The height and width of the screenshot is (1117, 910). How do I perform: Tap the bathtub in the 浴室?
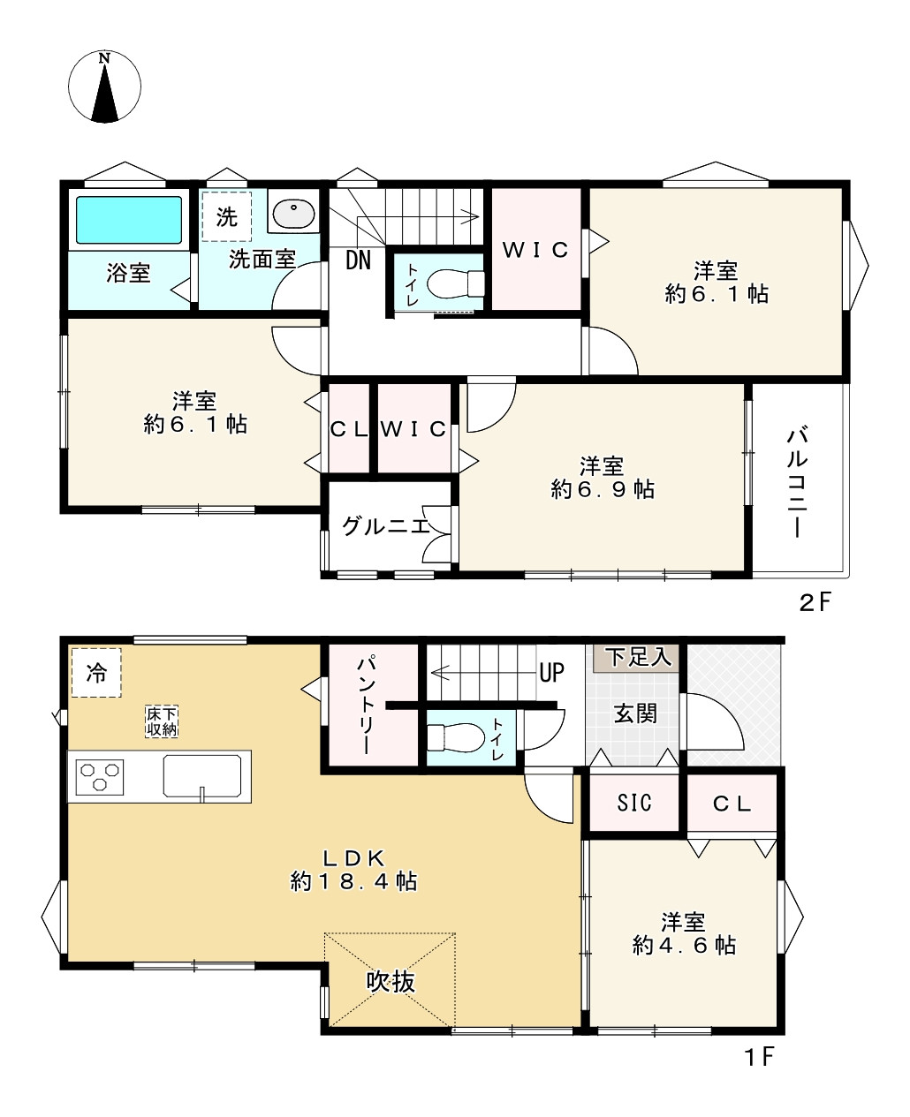(x=128, y=220)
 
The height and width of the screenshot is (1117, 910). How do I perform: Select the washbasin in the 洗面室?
(x=292, y=215)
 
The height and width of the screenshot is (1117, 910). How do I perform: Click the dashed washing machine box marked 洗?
(x=227, y=216)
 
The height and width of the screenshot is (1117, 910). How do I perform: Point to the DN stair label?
(x=358, y=260)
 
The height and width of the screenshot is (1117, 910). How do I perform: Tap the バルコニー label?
(x=798, y=481)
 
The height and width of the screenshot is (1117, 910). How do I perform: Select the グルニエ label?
(x=385, y=526)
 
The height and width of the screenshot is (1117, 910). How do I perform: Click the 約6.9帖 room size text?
(x=603, y=489)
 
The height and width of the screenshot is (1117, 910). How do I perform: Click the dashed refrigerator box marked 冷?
(x=95, y=673)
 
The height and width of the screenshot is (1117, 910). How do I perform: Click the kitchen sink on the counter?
(x=203, y=776)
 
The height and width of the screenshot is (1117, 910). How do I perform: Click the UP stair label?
(x=551, y=673)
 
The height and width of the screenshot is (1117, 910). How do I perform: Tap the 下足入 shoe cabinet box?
(x=638, y=657)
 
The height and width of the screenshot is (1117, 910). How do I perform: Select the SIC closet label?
(x=633, y=803)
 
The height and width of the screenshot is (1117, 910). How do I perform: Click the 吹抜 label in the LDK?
(x=391, y=982)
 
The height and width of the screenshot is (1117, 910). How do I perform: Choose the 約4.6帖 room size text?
(x=684, y=946)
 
